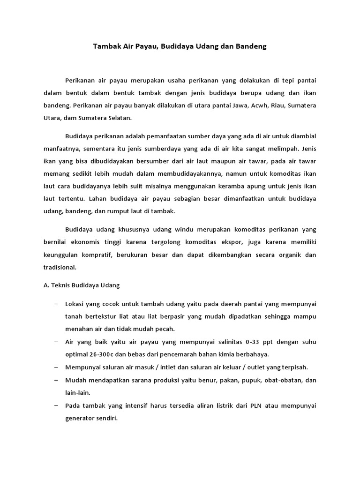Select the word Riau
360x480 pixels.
(x=274, y=105)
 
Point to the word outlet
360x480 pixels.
(x=257, y=367)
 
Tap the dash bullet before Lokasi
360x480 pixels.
(x=56, y=304)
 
